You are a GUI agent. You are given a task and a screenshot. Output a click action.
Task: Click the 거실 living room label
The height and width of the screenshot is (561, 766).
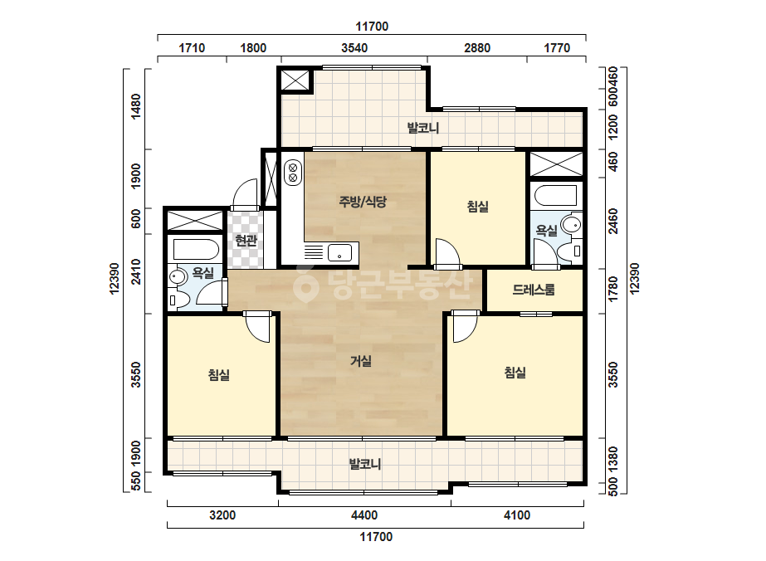[361, 361]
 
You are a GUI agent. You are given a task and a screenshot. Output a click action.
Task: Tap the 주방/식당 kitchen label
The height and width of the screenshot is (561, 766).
[363, 202]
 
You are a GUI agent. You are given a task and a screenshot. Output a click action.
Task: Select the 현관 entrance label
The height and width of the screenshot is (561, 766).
[246, 240]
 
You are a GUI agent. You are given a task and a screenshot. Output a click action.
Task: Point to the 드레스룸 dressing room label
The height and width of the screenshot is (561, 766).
[534, 290]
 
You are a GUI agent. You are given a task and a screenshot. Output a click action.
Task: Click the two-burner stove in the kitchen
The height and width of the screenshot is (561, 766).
[293, 173]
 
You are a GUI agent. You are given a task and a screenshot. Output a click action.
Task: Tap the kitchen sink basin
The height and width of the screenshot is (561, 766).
[339, 253]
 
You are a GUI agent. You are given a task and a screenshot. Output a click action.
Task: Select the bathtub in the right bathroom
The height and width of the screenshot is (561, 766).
[556, 196]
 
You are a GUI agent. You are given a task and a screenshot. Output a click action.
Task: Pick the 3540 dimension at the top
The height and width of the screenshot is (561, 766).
[354, 48]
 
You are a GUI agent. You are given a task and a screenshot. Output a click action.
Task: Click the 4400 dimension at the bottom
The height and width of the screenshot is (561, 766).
[364, 515]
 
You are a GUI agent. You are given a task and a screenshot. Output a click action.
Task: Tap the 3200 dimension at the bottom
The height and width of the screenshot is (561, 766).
[222, 515]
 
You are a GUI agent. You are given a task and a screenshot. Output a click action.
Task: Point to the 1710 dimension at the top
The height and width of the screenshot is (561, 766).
[192, 48]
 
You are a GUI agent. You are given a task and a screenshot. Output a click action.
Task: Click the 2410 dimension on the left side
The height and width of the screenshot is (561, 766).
[136, 271]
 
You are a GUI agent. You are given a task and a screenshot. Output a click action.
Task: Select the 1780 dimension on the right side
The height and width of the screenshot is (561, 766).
[613, 289]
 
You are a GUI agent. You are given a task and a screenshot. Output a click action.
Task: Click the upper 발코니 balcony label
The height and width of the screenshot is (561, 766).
[423, 128]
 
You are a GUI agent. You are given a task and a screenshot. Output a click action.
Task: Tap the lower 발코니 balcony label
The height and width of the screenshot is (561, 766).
[365, 464]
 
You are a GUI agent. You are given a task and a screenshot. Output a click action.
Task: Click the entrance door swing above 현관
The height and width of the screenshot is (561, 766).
[245, 194]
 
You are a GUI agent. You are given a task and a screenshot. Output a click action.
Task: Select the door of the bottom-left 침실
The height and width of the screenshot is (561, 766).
[256, 326]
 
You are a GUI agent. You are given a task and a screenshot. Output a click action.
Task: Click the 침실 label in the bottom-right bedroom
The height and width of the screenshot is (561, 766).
[515, 373]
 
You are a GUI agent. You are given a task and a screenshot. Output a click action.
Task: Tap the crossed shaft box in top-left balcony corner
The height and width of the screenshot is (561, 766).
[295, 80]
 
